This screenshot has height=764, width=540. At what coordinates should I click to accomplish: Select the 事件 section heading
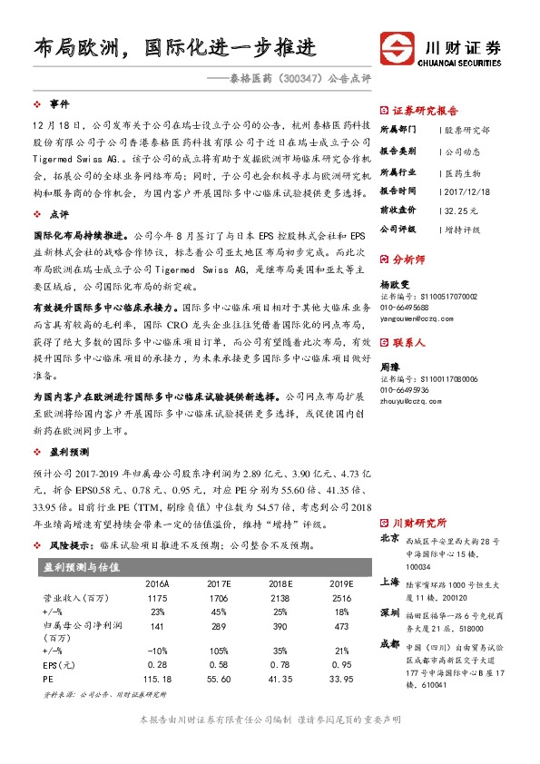(x=59, y=104)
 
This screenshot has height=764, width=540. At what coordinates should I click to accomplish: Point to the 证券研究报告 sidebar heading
(x=426, y=109)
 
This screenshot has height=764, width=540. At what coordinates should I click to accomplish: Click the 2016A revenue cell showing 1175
(x=158, y=600)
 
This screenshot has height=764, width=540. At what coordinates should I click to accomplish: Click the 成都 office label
(x=389, y=643)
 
